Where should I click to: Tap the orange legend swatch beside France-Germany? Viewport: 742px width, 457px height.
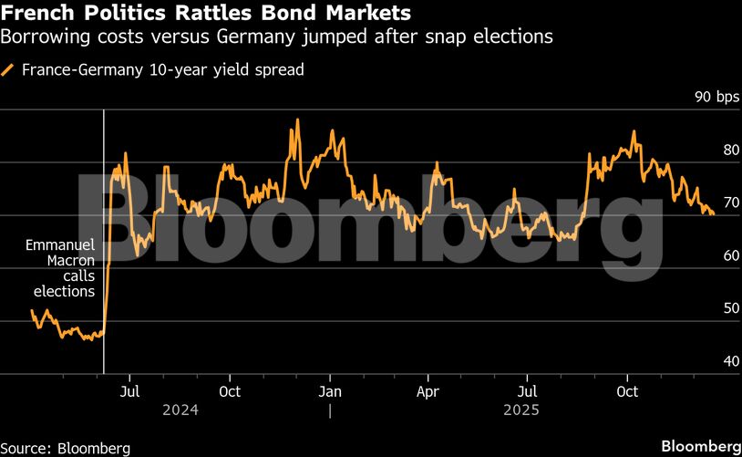9,69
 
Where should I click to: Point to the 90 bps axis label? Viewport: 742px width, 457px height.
716,98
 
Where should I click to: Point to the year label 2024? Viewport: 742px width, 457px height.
180,410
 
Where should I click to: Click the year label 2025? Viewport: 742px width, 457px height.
522,410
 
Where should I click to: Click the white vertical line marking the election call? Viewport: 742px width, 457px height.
104,182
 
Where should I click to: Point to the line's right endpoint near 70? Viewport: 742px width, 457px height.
713,214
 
